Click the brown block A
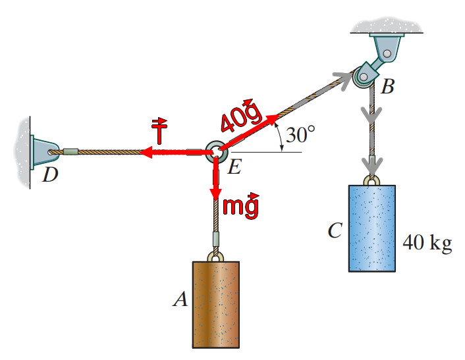click(215, 304)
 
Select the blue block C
click(371, 228)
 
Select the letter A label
click(179, 300)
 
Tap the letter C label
click(335, 231)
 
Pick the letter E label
click(234, 168)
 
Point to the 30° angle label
click(300, 135)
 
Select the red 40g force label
click(239, 116)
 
